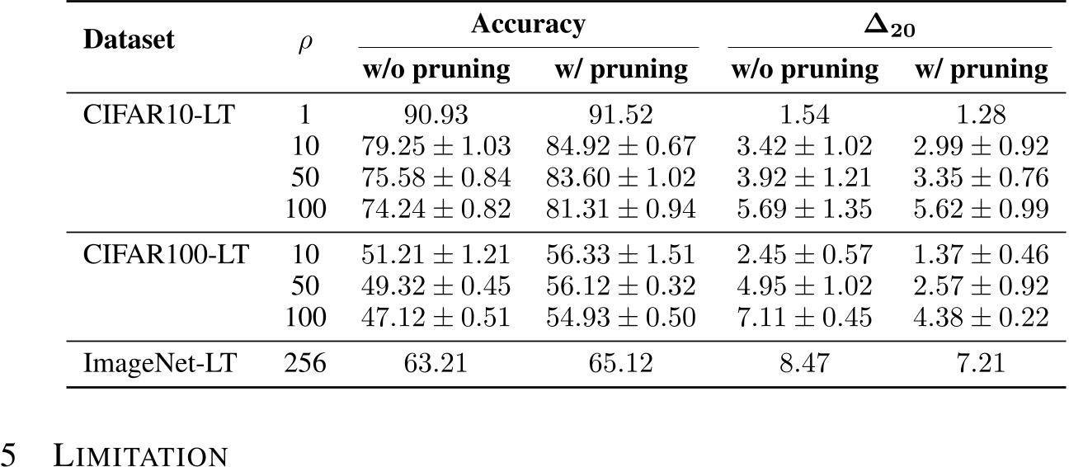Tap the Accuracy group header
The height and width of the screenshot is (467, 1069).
tap(528, 25)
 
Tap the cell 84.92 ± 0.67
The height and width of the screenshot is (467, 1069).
tap(621, 148)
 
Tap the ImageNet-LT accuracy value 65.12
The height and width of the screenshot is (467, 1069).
tap(621, 362)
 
